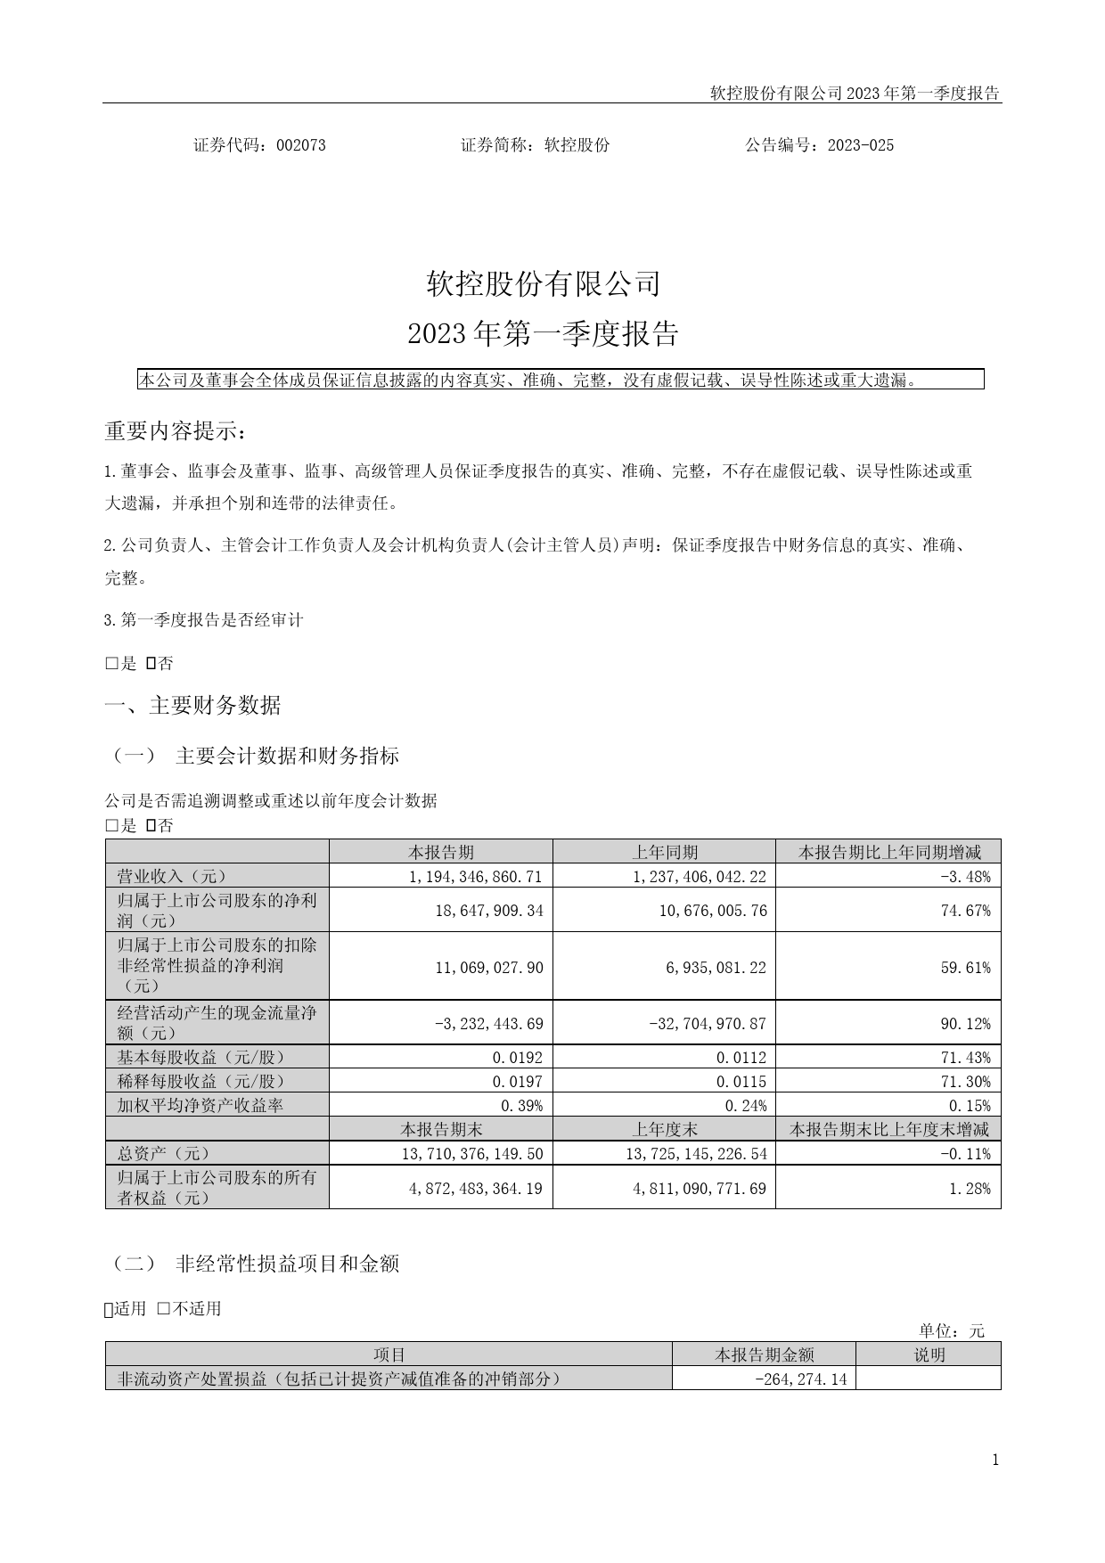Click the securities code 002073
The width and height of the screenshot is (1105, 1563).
click(301, 145)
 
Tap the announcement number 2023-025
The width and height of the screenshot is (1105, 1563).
click(860, 145)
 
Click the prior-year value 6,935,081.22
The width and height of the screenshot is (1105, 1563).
click(716, 968)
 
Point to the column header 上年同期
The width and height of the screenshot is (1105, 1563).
click(665, 852)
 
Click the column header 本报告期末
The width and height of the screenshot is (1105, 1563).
click(441, 1130)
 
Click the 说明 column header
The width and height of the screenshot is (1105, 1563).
click(929, 1355)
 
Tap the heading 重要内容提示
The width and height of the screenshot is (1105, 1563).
click(175, 431)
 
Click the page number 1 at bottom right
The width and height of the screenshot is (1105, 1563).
click(995, 1460)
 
